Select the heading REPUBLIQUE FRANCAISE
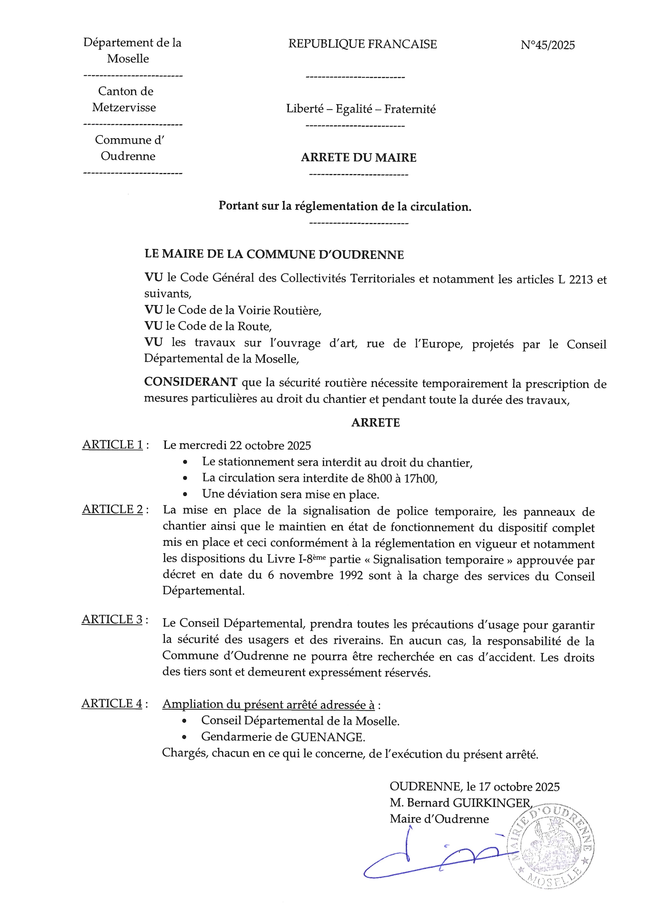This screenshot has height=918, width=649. coord(362,44)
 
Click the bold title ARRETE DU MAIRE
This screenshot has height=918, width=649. coord(359,158)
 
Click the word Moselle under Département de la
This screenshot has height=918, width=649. coord(128,59)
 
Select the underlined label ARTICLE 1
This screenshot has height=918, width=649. coord(112,445)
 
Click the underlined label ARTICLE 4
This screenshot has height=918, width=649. coord(112,703)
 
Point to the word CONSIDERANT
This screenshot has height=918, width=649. coord(191,382)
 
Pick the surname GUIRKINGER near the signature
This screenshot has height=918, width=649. coord(491,803)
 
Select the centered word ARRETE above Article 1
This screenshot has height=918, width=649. coord(375,423)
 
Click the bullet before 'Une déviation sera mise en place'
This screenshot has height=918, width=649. coord(185,494)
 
